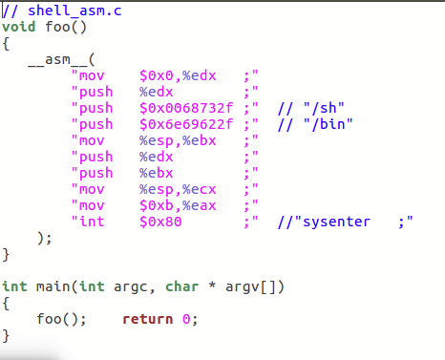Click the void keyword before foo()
click(x=18, y=26)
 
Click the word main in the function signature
click(x=47, y=286)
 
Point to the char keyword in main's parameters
click(x=181, y=286)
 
